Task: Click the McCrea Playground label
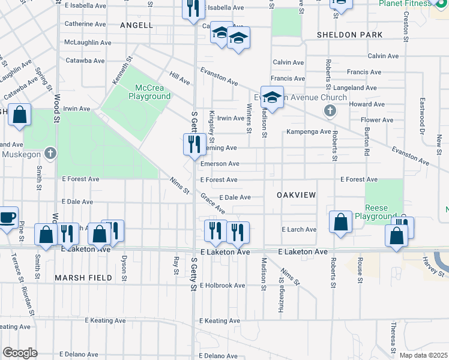[x=149, y=91]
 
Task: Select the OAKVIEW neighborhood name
[x=297, y=196]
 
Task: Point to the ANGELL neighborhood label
[x=137, y=25]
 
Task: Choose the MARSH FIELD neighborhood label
[x=83, y=278]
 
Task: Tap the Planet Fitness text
[x=405, y=4]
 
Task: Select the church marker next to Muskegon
[x=51, y=154]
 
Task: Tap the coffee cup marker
[x=7, y=217]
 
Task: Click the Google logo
[x=20, y=352]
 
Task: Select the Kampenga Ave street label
[x=309, y=132]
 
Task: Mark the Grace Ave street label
[x=212, y=203]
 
